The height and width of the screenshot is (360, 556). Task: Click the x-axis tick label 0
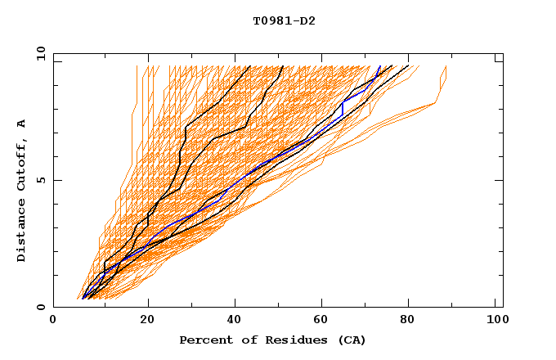point(53,322)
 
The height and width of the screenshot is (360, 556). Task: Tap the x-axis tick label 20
point(148,322)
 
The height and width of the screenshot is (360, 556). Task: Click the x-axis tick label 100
point(496,322)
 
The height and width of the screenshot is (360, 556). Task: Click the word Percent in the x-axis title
point(204,340)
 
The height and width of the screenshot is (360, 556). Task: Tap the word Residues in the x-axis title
point(287,340)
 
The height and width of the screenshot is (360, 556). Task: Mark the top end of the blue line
point(380,66)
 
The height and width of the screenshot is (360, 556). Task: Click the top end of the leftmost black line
point(250,66)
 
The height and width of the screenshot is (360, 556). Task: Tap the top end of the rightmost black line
point(410,66)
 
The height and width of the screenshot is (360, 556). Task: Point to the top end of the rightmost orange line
point(446,66)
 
